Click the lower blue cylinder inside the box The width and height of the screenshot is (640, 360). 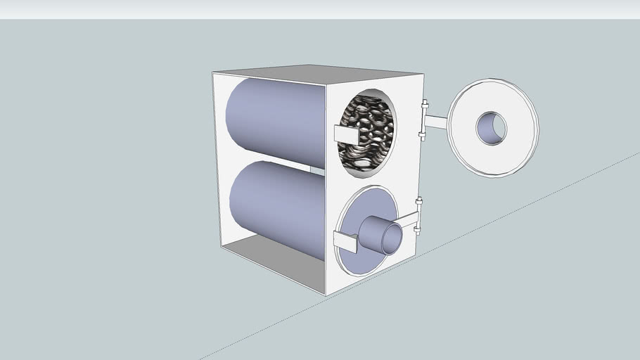pyautogui.click(x=274, y=204)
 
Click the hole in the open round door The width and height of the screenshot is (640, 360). pyautogui.click(x=491, y=128)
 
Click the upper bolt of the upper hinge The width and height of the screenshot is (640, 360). pyautogui.click(x=424, y=105)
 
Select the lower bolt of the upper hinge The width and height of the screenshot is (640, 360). pyautogui.click(x=422, y=134)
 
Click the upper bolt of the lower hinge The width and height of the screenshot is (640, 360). pyautogui.click(x=419, y=202)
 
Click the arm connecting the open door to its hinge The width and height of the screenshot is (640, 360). pyautogui.click(x=436, y=122)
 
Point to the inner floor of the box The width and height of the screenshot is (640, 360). pyautogui.click(x=274, y=257)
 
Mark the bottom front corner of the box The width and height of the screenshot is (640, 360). pyautogui.click(x=325, y=293)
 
